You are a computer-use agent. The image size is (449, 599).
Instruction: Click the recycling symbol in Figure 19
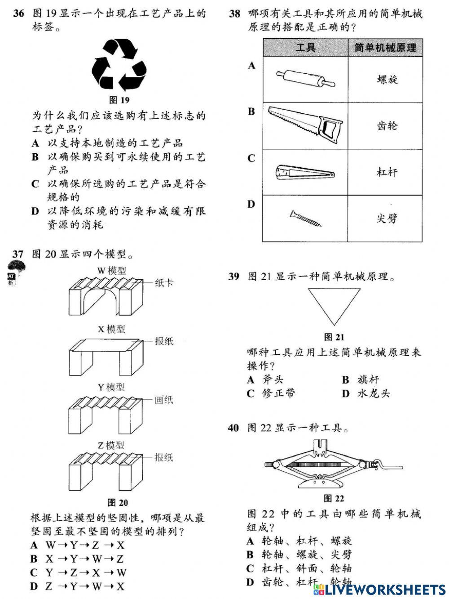tap(119, 65)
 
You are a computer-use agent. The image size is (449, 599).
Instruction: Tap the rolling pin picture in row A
tap(305, 79)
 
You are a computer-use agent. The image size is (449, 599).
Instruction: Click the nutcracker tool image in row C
tap(305, 173)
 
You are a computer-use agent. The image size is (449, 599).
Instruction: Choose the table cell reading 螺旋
tap(387, 80)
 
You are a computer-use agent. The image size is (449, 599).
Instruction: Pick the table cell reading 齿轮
tap(387, 125)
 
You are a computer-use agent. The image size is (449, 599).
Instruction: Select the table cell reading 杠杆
tap(387, 172)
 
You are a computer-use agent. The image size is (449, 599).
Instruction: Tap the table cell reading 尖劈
tap(387, 219)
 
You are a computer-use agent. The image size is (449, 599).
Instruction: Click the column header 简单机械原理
tap(386, 47)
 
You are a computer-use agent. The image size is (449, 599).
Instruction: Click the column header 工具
tap(306, 47)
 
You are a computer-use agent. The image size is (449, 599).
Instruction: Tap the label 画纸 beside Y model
tap(164, 400)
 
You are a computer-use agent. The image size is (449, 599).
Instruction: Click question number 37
tap(18, 254)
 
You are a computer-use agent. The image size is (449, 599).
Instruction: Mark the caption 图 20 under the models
tap(118, 502)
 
